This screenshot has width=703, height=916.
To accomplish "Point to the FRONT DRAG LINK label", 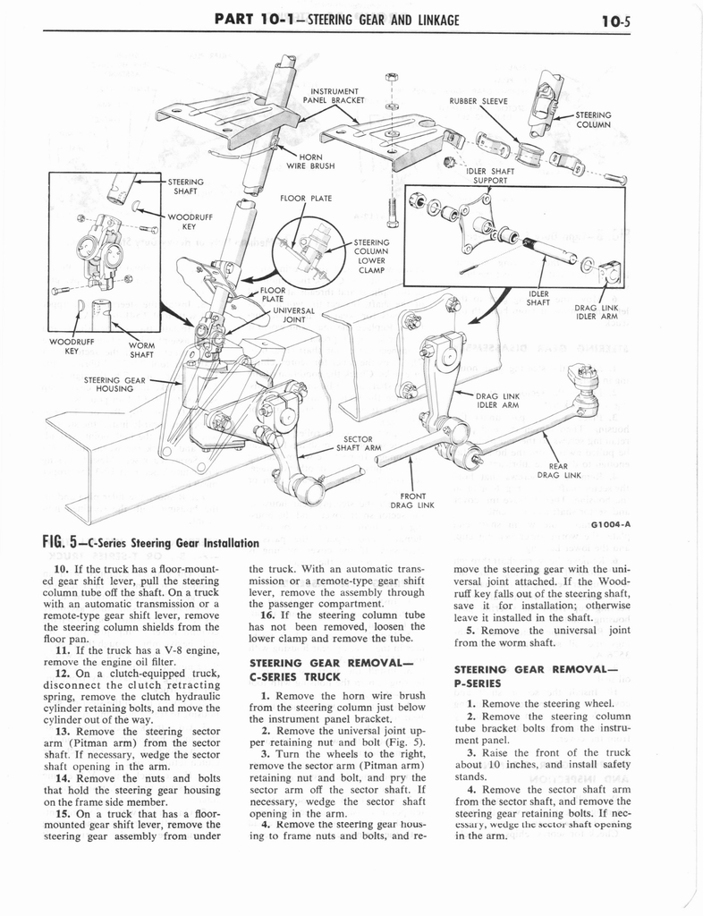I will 411,500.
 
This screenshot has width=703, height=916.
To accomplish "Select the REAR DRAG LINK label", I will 560,470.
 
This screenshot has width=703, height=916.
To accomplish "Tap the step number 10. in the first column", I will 63,569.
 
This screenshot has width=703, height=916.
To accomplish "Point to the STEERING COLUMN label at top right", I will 594,119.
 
